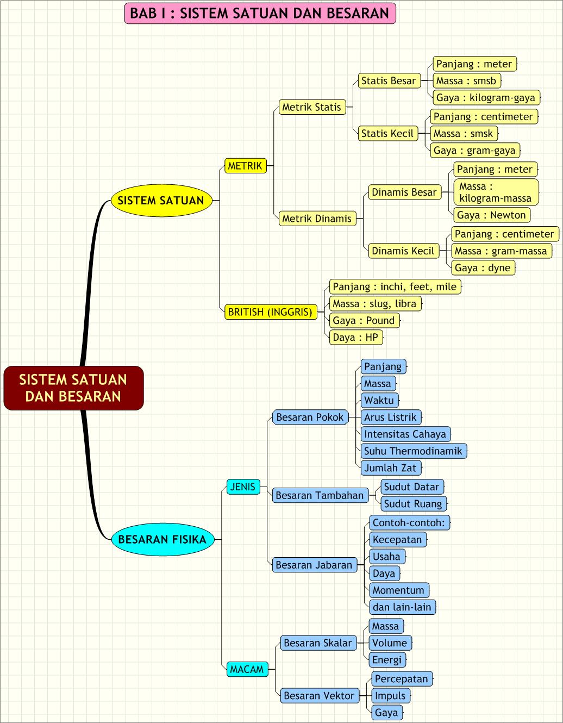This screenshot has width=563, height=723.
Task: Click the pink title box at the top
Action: (260, 14)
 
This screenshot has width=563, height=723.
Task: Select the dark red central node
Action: (73, 388)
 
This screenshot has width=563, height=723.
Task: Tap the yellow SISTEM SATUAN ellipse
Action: (161, 200)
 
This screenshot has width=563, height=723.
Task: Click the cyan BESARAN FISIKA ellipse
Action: (162, 539)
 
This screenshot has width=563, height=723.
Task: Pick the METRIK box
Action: (245, 166)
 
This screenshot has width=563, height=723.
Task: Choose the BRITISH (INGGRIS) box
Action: (270, 312)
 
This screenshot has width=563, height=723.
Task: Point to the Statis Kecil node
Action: (387, 134)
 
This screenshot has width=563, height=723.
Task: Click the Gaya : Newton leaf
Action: (491, 215)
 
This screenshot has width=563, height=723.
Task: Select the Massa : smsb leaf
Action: (466, 81)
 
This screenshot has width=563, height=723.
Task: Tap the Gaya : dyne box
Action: (483, 268)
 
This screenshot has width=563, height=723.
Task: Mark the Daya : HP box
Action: (355, 338)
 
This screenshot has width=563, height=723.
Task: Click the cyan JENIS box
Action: (242, 487)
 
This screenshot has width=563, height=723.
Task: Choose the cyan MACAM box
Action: (247, 669)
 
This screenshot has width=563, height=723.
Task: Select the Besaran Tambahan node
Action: (320, 495)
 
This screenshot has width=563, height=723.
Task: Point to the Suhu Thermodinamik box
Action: (413, 451)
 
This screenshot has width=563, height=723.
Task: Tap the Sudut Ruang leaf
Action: (413, 504)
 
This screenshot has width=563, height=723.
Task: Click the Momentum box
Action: (398, 590)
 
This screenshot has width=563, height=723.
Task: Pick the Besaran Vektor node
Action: (319, 696)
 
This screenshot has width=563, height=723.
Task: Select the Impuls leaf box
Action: (390, 696)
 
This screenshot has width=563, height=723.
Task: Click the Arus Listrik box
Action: (390, 417)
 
